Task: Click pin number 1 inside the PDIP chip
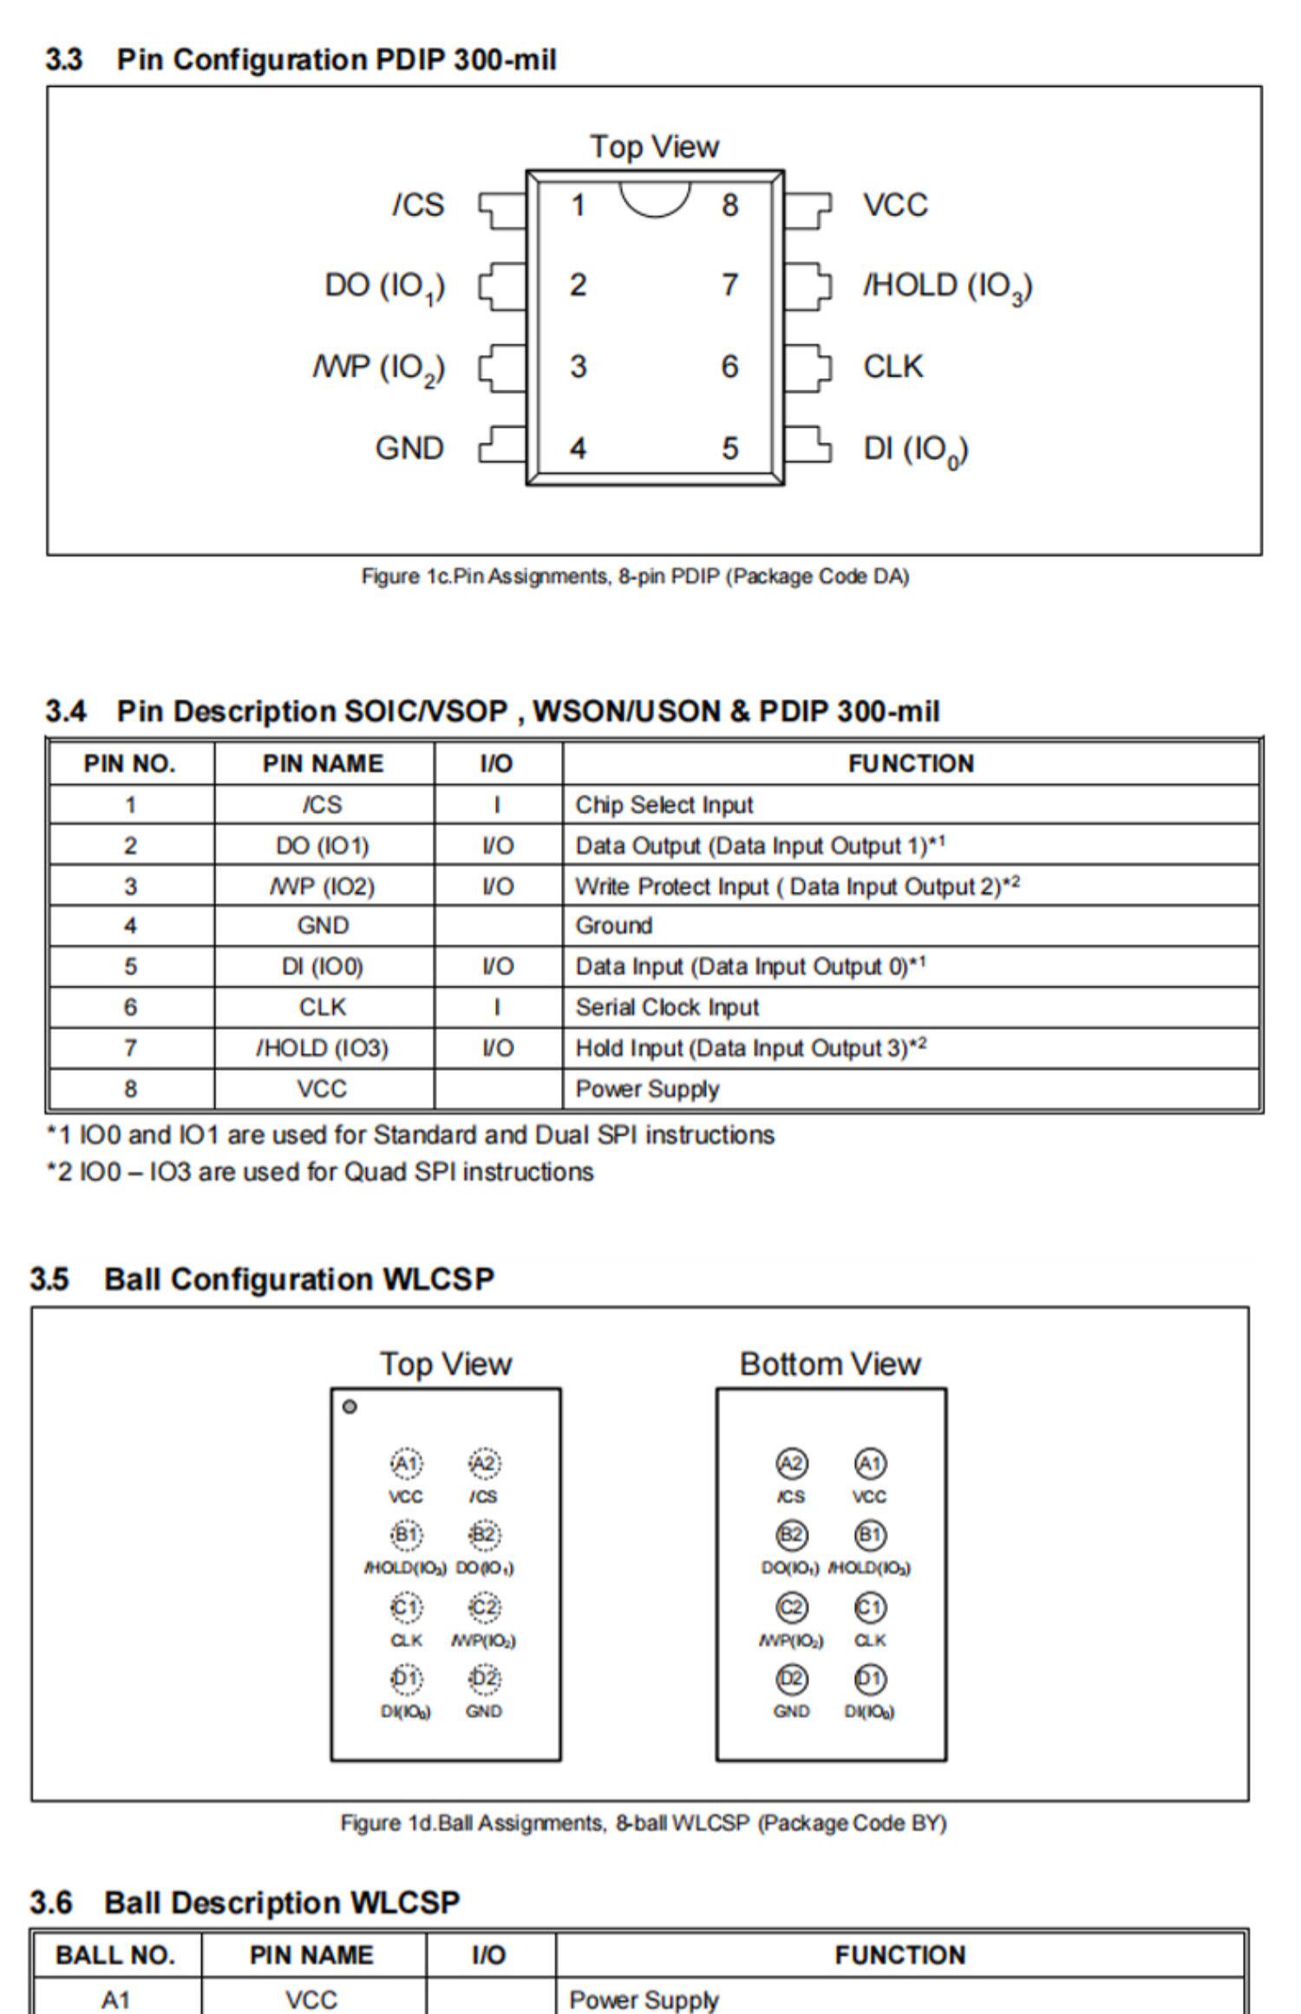(x=578, y=206)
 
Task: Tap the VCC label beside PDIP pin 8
(x=895, y=206)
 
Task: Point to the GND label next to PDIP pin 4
(x=409, y=448)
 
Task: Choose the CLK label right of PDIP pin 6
(x=892, y=366)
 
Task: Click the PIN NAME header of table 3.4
(x=323, y=763)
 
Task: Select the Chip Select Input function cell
(x=664, y=805)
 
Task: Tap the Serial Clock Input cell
(x=667, y=1007)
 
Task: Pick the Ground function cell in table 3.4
(x=614, y=925)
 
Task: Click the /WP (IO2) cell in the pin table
(x=323, y=886)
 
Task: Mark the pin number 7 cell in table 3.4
(x=130, y=1048)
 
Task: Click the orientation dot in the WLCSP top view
(x=350, y=1407)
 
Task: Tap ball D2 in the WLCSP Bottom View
(x=791, y=1680)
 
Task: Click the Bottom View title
(x=829, y=1364)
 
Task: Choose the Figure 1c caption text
(x=635, y=576)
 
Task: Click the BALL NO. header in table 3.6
(x=115, y=1955)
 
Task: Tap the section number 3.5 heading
(x=49, y=1279)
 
